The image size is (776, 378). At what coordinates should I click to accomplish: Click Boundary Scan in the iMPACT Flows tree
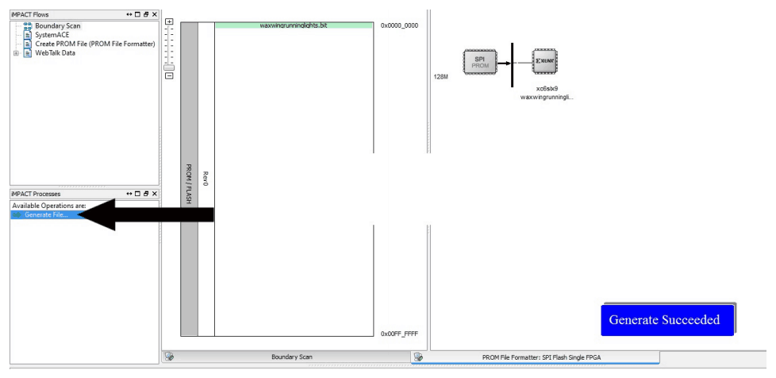57,25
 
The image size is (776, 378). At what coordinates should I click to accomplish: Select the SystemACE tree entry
52,35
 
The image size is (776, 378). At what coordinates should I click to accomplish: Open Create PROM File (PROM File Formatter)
95,44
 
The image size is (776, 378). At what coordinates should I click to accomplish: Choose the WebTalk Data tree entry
55,53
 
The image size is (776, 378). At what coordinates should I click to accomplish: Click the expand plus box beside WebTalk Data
16,53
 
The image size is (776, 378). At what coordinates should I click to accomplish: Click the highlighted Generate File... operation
46,214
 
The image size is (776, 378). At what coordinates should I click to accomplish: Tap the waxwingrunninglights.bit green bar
294,25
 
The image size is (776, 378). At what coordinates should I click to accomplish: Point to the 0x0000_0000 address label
399,25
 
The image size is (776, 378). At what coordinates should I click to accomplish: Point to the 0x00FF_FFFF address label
399,334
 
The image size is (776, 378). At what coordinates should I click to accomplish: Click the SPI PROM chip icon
479,62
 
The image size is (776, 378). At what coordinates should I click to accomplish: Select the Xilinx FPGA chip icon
545,61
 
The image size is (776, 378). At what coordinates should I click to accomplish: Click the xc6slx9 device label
547,89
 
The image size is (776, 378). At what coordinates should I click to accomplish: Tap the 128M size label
440,77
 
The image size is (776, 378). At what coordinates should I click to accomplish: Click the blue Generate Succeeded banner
667,320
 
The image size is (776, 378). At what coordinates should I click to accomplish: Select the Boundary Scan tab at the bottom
291,357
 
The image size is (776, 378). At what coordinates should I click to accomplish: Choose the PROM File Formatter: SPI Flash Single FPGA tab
541,357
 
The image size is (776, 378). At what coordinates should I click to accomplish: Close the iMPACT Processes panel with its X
155,194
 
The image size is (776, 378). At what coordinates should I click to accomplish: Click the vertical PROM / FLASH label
189,183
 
